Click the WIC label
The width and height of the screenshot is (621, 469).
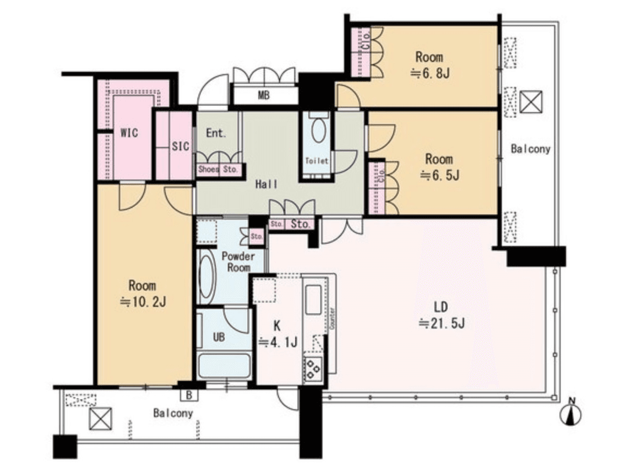[129, 132]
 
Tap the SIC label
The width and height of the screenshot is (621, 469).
[181, 146]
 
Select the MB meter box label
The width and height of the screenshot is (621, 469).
[264, 95]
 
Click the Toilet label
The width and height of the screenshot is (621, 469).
[317, 161]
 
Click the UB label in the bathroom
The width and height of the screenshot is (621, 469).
[219, 337]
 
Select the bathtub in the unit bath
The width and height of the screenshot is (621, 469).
[224, 366]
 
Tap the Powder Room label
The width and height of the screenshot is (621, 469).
[238, 262]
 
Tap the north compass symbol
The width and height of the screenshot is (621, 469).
[571, 413]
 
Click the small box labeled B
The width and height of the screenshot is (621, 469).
[189, 394]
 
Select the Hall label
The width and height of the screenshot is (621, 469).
[266, 184]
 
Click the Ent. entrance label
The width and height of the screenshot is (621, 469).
[216, 133]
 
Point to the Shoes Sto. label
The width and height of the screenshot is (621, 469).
[218, 170]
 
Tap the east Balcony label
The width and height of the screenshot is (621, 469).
[531, 149]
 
